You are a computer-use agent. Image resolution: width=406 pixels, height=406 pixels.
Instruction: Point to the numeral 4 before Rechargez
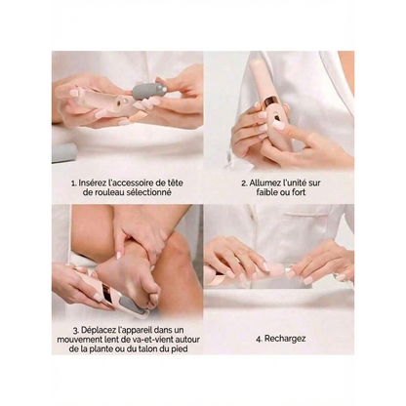coord(258,339)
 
